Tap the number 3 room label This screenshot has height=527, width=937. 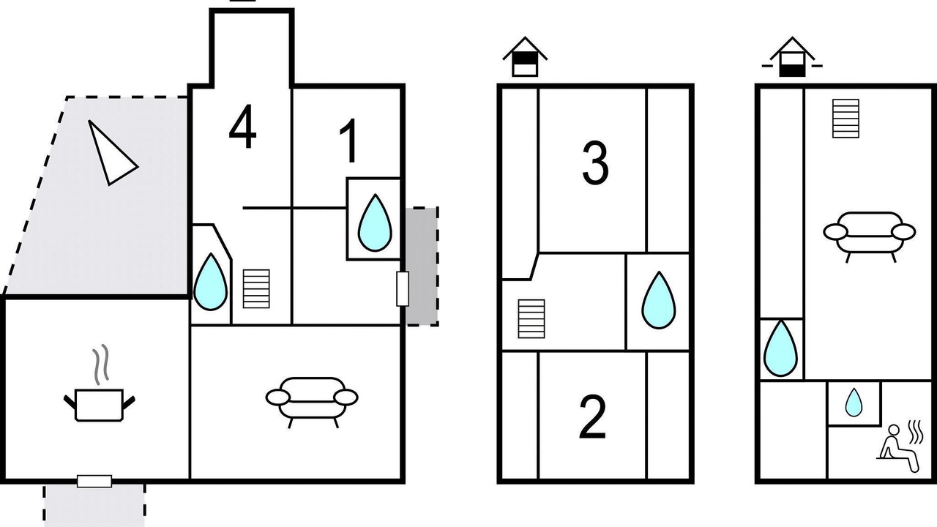point(594,163)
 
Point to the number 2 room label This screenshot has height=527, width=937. point(592,417)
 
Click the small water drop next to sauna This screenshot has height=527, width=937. point(854,403)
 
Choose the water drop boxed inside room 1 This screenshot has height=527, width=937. point(374,223)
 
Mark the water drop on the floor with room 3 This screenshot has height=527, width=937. point(658,300)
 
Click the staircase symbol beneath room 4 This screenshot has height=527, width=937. point(256,288)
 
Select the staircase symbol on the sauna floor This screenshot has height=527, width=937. point(845,119)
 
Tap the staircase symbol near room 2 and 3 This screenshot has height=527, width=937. point(531,318)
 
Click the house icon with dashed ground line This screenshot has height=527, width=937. point(792,59)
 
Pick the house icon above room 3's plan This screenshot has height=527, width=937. point(525,59)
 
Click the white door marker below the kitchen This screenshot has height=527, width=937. point(94,481)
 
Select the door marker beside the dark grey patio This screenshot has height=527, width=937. point(402,288)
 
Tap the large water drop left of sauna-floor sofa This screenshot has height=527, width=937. point(780,348)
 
